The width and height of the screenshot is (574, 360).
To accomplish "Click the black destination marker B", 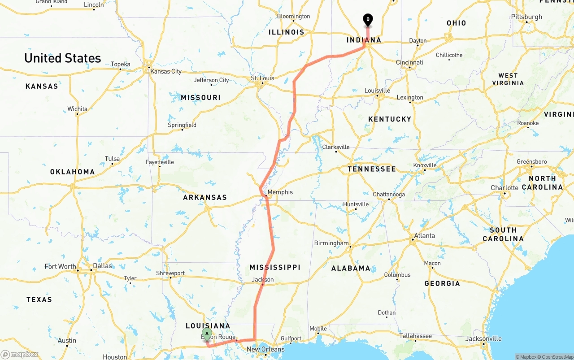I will click(x=368, y=19).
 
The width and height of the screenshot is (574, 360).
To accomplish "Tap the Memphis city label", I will click(x=280, y=192).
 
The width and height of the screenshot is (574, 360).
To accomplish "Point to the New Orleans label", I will click(x=265, y=349).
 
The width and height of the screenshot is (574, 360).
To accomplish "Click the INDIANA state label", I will click(x=364, y=40).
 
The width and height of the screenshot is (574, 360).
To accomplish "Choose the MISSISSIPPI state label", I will click(x=275, y=267).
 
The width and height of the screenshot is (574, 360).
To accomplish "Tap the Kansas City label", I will click(x=166, y=71).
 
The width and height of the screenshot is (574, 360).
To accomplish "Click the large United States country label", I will click(x=63, y=58).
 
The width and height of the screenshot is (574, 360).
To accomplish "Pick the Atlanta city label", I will click(x=424, y=235).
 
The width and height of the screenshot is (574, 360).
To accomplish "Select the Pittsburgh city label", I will click(x=526, y=17).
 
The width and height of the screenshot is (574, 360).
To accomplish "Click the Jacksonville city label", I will click(x=483, y=338).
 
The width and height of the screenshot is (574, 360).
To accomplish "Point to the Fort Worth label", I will click(x=60, y=266).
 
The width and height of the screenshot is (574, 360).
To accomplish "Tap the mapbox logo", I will click(x=20, y=354).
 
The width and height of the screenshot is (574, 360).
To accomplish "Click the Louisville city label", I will click(x=377, y=91).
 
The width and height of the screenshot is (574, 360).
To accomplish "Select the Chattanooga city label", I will click(x=389, y=194).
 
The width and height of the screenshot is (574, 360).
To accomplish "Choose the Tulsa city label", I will click(x=112, y=159).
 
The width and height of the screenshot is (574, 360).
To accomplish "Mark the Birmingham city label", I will click(x=331, y=243).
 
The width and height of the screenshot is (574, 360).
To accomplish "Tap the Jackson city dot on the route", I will click(x=263, y=284).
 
